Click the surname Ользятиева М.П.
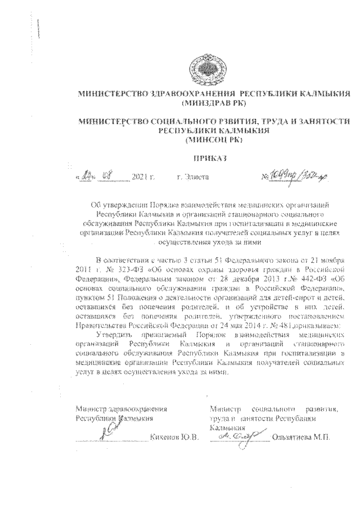point(299,437)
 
